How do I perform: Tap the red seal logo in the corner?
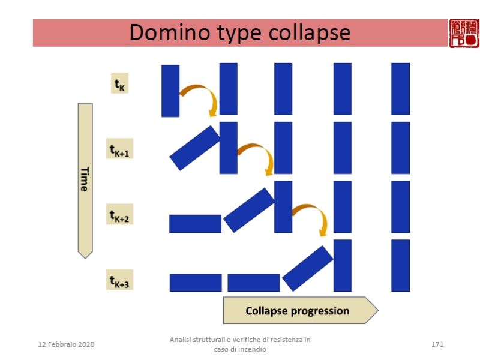pos(464,33)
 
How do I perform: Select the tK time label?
pos(120,84)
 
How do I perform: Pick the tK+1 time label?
pos(119,149)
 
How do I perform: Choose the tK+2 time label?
pos(119,214)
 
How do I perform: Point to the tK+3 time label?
pos(120,280)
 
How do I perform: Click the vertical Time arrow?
pos(85,180)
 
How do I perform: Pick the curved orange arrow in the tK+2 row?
pos(311,215)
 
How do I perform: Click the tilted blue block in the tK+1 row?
pos(195,148)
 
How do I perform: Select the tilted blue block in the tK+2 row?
pos(249,210)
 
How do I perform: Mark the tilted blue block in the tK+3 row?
pos(307,268)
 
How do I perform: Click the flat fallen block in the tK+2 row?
pos(195,224)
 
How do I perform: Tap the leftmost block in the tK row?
pos(170,91)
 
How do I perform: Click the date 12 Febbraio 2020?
pos(66,344)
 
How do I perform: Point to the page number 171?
pos(437,344)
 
